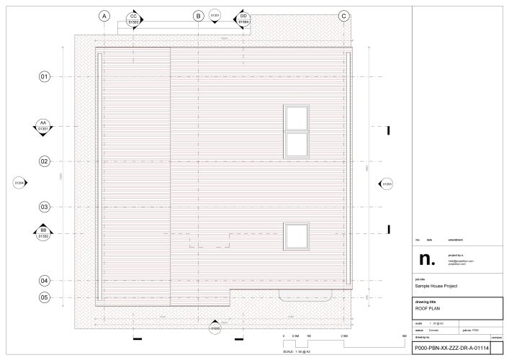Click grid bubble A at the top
coord(104,15)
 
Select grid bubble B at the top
coord(198,15)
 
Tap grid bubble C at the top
coord(343,15)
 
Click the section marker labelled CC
coord(133,19)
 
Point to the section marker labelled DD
coord(243,19)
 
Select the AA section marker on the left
coord(43,125)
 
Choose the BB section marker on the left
coord(43,233)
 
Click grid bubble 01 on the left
coord(44,76)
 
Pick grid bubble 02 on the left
coord(44,161)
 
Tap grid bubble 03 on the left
coord(44,207)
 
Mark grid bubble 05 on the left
coord(44,297)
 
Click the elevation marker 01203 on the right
coord(387,184)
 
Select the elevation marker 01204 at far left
coord(20,184)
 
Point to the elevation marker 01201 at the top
coord(215,14)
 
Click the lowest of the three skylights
coord(296,235)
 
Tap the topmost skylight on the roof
coord(296,117)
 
